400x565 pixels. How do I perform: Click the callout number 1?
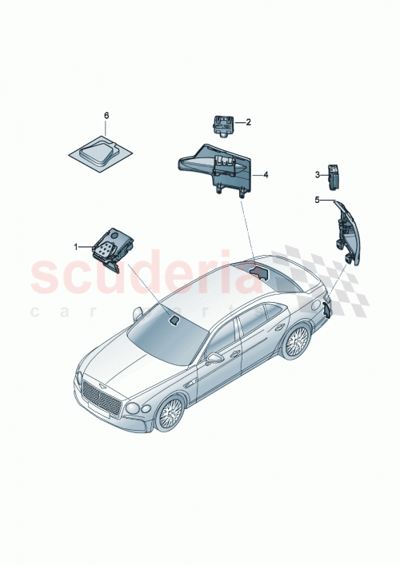click(78, 247)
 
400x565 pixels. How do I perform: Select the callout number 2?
click(248, 122)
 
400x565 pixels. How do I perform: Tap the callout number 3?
click(317, 174)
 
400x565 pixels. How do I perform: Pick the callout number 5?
click(317, 200)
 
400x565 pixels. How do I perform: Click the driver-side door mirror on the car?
click(214, 359)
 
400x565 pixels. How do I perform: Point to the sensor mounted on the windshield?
click(174, 321)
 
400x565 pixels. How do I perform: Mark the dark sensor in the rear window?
click(258, 272)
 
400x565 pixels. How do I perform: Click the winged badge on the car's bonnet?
click(105, 373)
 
